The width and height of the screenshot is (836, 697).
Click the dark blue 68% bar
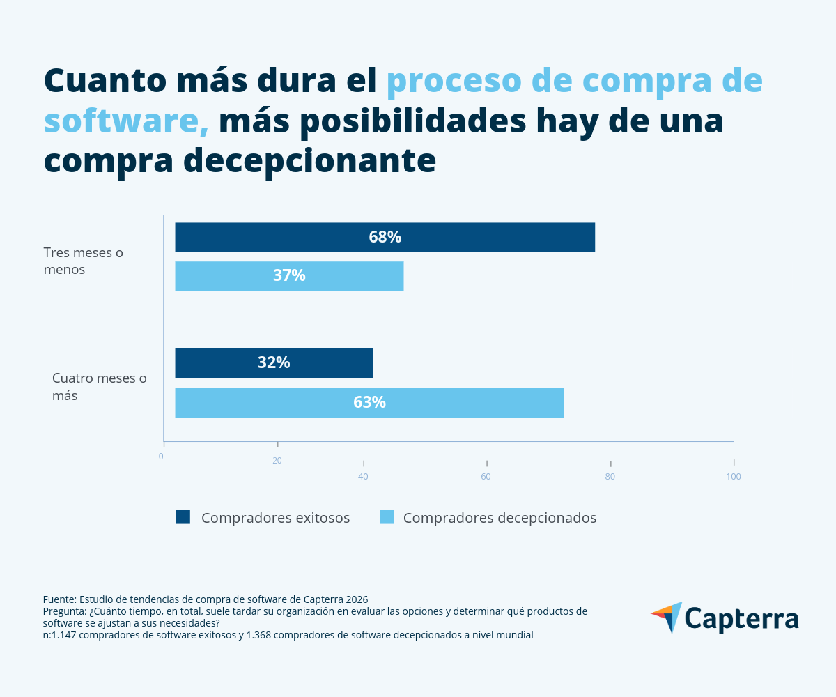click(385, 237)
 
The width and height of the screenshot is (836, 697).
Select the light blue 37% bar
click(289, 276)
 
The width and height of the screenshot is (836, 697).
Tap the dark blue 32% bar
click(274, 363)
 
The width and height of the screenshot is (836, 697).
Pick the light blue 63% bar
click(369, 403)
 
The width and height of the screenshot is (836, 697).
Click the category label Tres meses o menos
click(83, 261)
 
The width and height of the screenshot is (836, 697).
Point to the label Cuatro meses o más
click(99, 386)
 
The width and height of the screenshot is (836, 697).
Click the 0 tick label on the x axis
click(161, 457)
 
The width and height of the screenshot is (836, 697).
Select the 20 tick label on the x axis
click(277, 461)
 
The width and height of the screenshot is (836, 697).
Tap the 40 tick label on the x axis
click(363, 477)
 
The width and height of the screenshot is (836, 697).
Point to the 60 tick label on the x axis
click(486, 477)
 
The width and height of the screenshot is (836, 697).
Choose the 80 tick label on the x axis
click(610, 477)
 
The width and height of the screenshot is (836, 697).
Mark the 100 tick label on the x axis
click(733, 477)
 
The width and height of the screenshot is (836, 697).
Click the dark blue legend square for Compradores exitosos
click(183, 517)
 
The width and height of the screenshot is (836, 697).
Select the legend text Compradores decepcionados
click(500, 518)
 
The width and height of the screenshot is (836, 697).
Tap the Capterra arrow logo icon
click(667, 617)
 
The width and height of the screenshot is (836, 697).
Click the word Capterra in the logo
click(741, 619)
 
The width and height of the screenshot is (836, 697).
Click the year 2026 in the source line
click(356, 599)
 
